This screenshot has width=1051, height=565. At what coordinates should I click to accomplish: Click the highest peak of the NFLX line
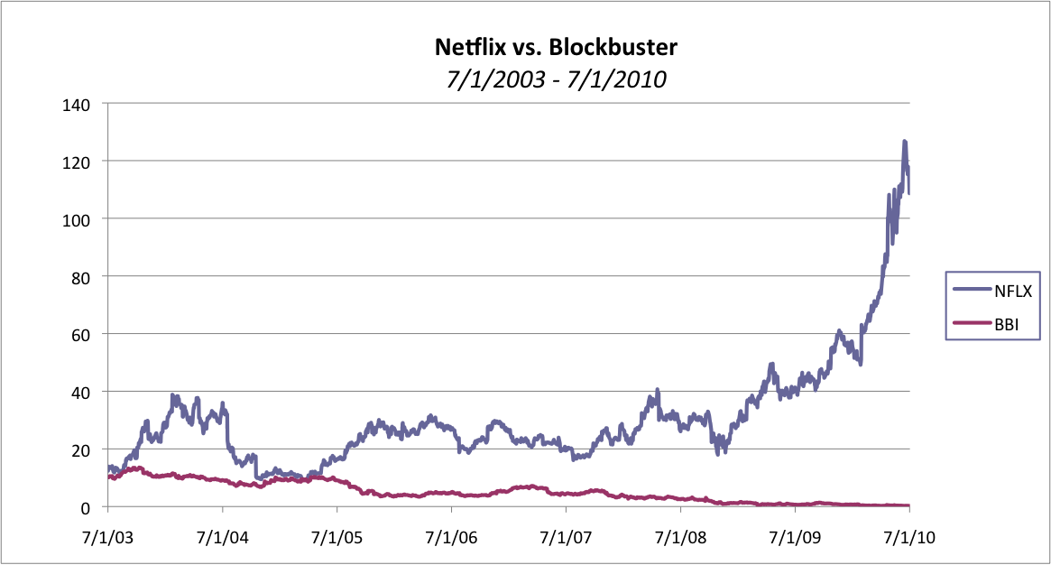904,142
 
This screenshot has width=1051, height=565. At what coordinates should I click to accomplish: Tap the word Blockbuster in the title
618,46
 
